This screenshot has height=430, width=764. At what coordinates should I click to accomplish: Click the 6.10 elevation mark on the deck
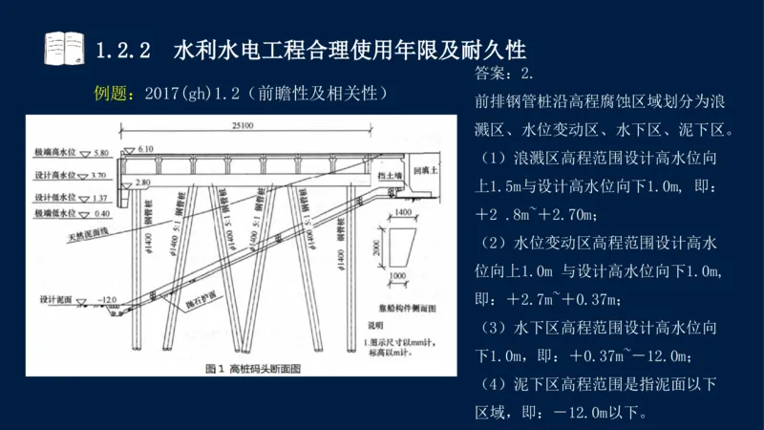pyautogui.click(x=145, y=149)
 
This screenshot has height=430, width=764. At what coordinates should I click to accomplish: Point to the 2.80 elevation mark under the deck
pyautogui.click(x=143, y=182)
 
